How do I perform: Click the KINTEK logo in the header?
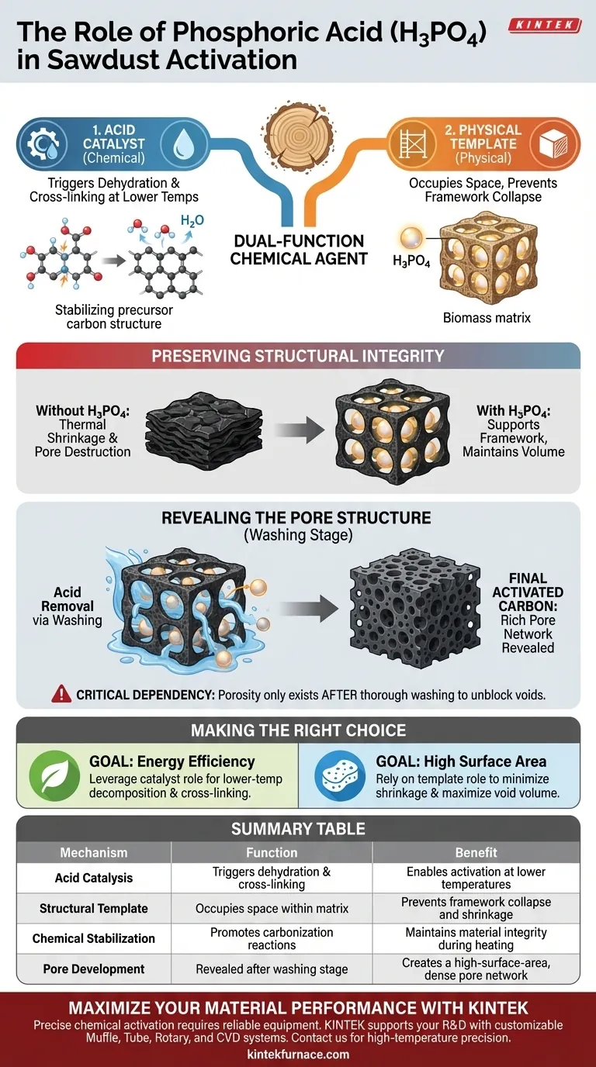pyautogui.click(x=545, y=26)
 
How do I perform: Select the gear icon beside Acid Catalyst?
pyautogui.click(x=39, y=144)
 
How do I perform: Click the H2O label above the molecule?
pyautogui.click(x=192, y=221)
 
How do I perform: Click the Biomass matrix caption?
pyautogui.click(x=487, y=317)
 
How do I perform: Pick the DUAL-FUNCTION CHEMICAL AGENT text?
pyautogui.click(x=298, y=250)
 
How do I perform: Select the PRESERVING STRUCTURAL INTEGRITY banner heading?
pyautogui.click(x=298, y=357)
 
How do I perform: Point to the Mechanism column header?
pyautogui.click(x=94, y=852)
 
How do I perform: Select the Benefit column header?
pyautogui.click(x=476, y=852)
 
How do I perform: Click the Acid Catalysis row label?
pyautogui.click(x=94, y=878)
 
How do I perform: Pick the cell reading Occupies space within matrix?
pyautogui.click(x=272, y=908)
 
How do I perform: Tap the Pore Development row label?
pyautogui.click(x=94, y=969)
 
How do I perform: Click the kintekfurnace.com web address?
pyautogui.click(x=298, y=1054)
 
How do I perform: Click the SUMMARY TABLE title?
pyautogui.click(x=298, y=829)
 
